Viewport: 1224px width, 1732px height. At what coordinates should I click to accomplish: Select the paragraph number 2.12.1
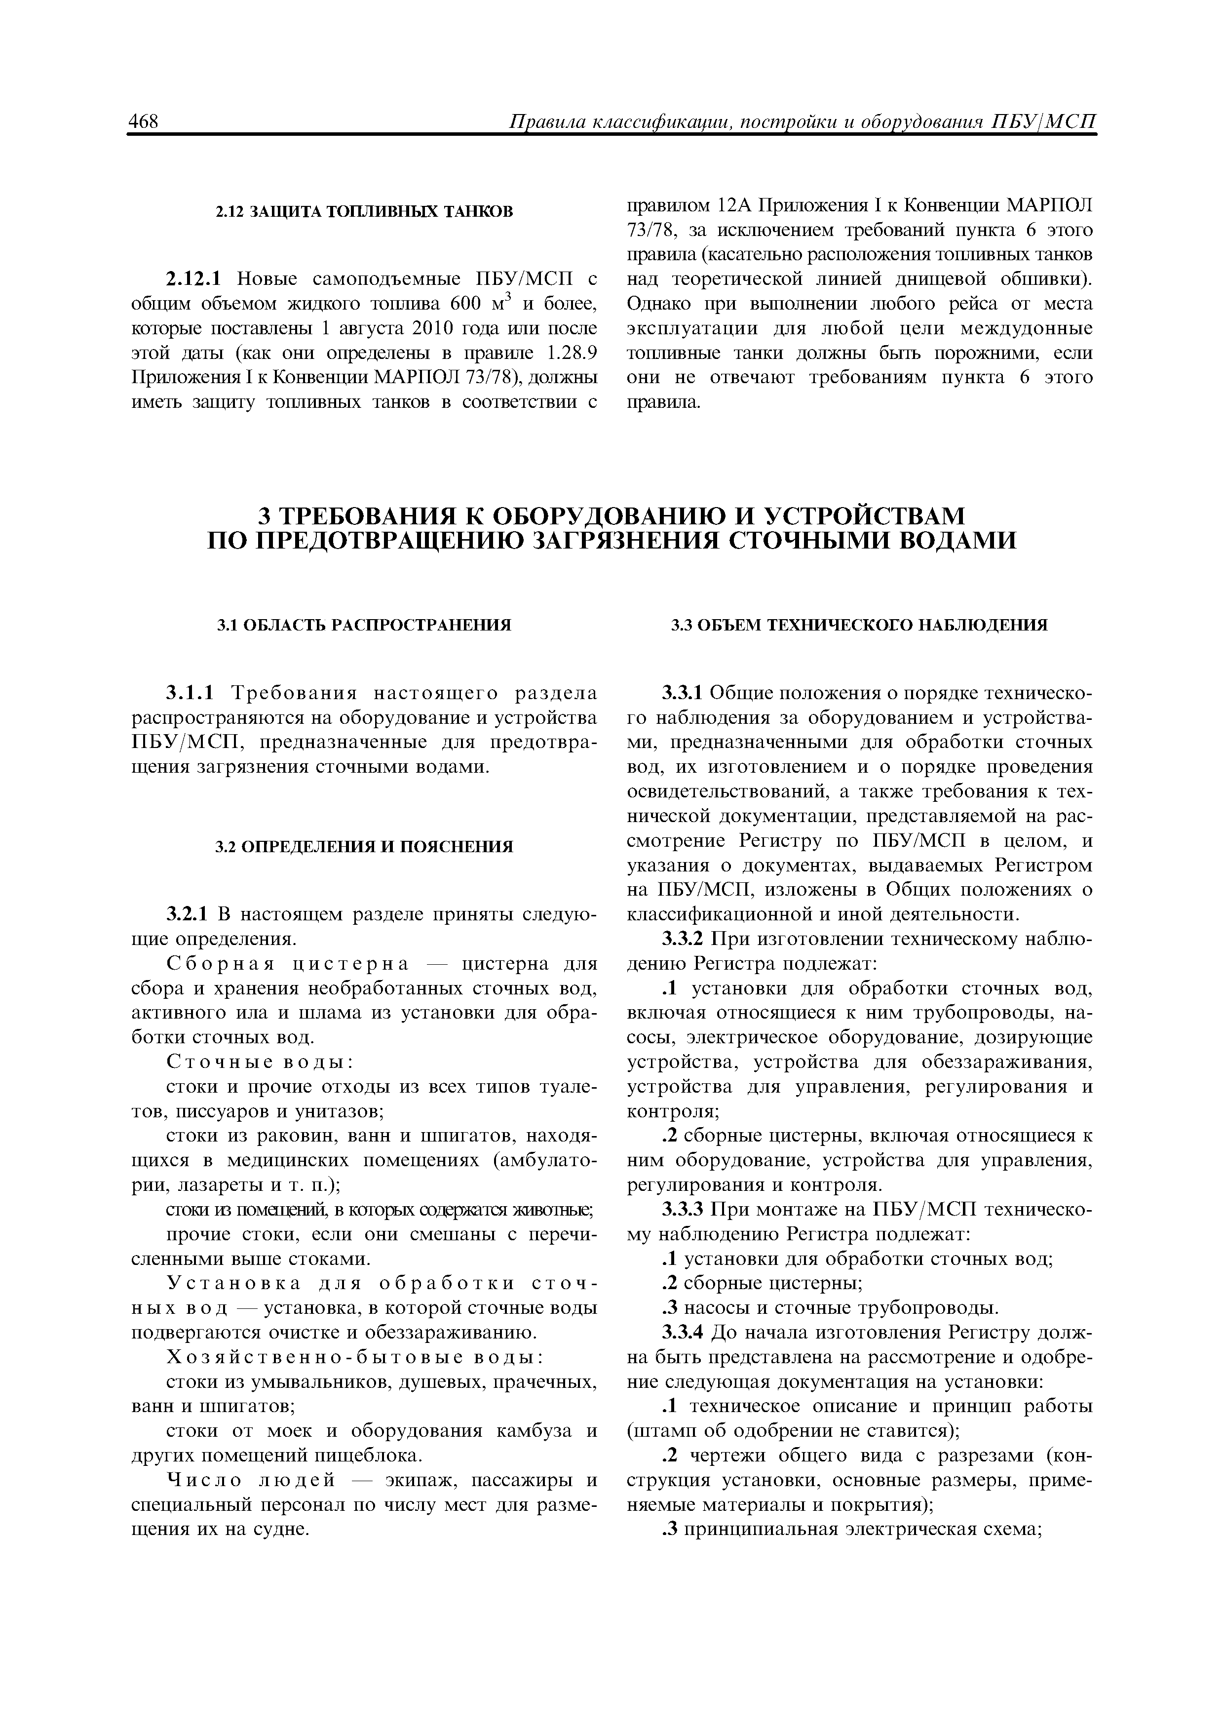[193, 279]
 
